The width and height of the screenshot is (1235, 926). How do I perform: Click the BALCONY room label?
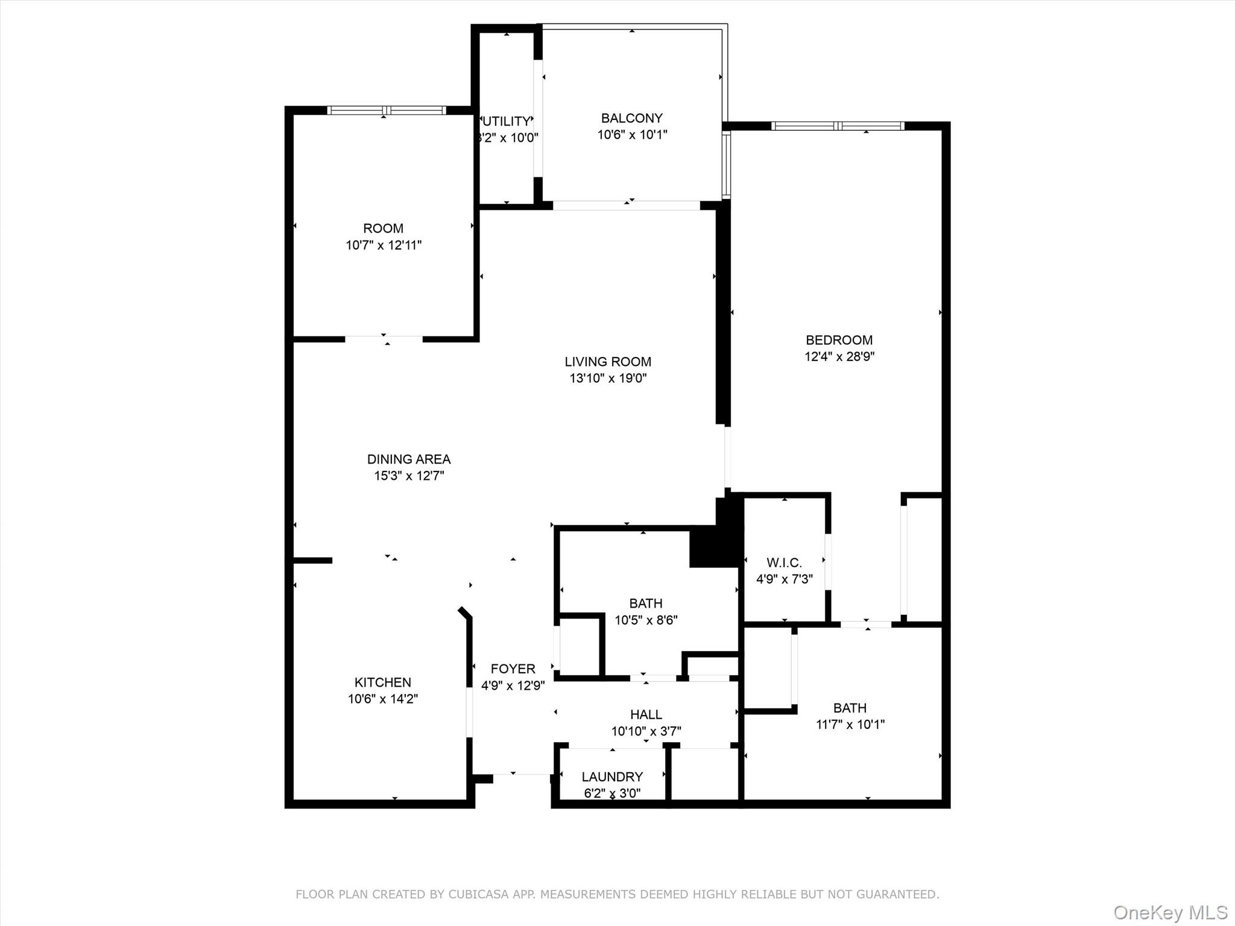tap(631, 118)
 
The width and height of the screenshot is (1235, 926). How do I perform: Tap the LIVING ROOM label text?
tap(608, 362)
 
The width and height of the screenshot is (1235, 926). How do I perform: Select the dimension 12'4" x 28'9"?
tap(839, 356)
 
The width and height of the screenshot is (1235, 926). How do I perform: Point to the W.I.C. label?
tap(784, 562)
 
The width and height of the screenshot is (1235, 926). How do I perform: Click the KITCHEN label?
tap(383, 682)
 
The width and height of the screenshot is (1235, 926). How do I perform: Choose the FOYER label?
tap(513, 669)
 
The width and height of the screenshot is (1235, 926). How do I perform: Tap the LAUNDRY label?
tap(612, 776)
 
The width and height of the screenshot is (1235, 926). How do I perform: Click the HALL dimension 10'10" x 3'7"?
tap(646, 731)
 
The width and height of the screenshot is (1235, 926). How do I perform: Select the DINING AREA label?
tap(409, 459)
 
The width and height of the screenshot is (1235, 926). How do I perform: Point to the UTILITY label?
tap(507, 121)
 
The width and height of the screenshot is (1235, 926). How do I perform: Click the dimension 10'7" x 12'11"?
tap(384, 245)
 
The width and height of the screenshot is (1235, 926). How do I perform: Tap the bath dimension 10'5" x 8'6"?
tap(646, 620)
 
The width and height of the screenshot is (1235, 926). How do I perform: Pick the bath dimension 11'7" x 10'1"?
tap(850, 724)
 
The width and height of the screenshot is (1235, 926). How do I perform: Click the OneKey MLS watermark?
tap(1170, 913)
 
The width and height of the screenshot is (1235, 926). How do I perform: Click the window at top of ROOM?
tap(387, 110)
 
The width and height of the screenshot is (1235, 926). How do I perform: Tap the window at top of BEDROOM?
tap(838, 126)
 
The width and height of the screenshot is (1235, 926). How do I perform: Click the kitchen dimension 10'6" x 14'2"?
tap(383, 699)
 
